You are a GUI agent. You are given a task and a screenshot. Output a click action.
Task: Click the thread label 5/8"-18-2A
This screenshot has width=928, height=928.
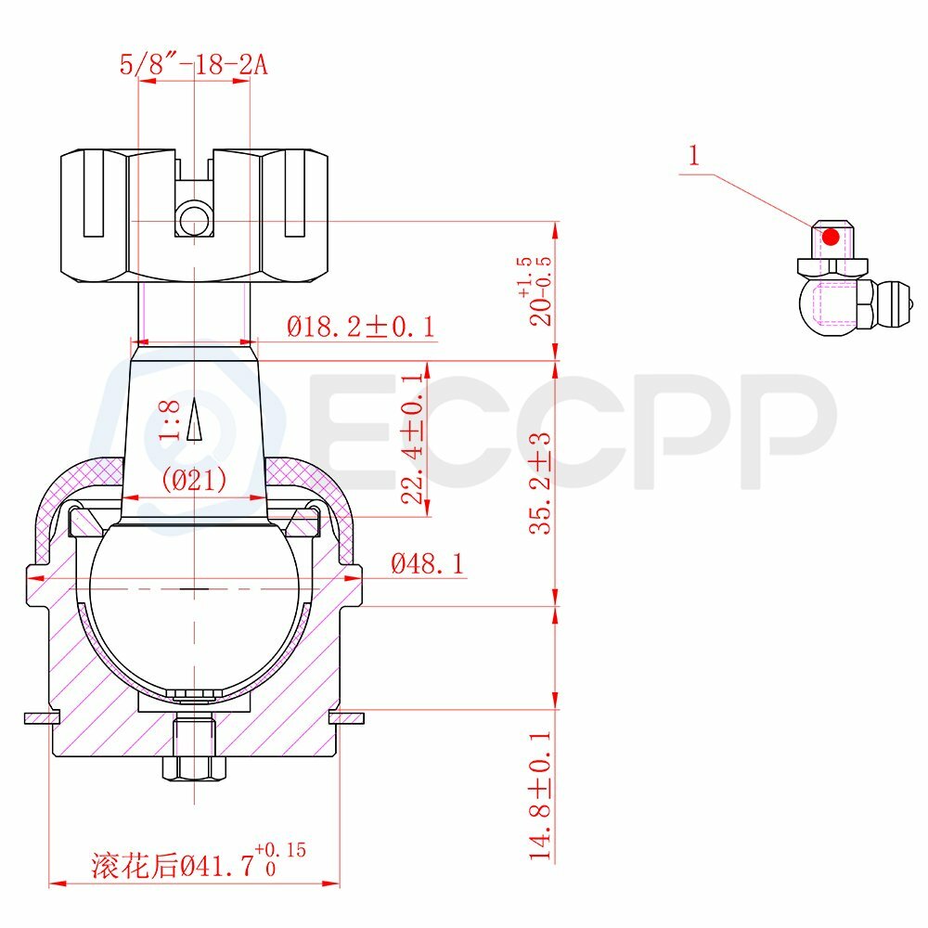point(195,65)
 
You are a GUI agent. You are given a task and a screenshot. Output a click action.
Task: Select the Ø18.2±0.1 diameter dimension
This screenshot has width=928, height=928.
point(360,328)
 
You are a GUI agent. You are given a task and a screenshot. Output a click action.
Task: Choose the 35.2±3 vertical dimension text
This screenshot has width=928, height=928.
point(540,483)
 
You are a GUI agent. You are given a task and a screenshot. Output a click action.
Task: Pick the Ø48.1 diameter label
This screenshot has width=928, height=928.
point(428,564)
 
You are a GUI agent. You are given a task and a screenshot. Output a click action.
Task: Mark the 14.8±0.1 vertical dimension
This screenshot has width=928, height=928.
point(542,794)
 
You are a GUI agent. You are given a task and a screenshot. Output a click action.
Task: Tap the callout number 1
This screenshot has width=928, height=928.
point(694,155)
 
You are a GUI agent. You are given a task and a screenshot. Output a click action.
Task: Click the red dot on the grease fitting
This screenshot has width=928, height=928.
point(831,238)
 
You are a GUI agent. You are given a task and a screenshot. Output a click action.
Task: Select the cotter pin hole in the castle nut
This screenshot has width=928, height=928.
point(194,221)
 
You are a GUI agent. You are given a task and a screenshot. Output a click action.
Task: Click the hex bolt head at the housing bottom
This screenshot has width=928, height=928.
point(194,768)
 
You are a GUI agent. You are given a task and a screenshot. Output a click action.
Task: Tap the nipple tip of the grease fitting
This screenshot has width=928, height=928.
point(909,303)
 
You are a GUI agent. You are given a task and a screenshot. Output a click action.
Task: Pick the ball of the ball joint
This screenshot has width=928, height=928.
point(194,603)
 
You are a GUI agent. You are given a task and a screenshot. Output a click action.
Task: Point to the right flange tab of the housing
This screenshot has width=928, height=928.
point(349,717)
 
